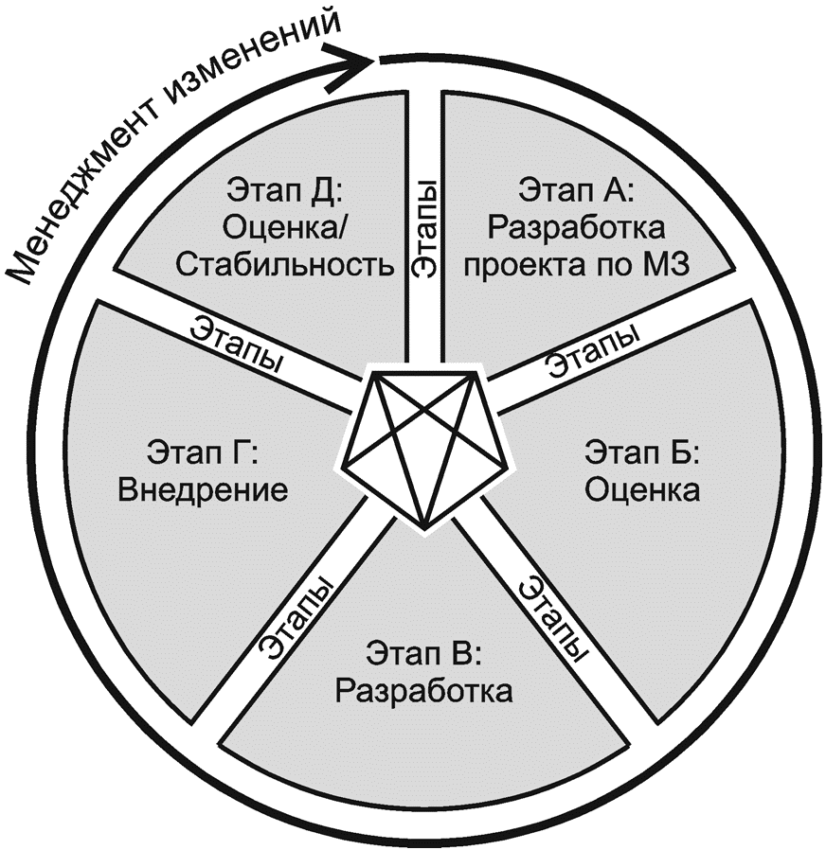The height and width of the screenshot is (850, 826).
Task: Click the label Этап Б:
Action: [x=640, y=453]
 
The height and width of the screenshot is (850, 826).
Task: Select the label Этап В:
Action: [x=423, y=653]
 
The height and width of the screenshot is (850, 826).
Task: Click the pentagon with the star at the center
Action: [x=423, y=445]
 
